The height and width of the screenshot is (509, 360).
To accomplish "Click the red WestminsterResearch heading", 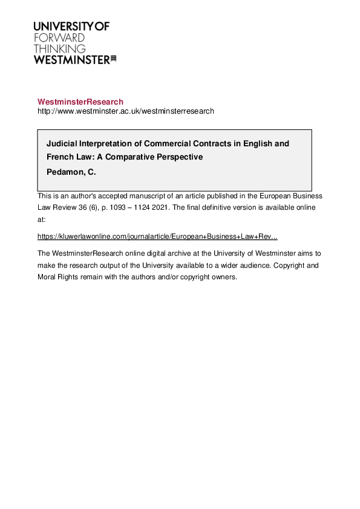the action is tap(80, 102).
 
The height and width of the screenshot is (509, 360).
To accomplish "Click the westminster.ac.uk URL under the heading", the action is tap(126, 111).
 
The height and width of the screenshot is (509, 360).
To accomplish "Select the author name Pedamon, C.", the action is tap(71, 172).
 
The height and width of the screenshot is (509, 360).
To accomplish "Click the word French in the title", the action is tap(61, 157).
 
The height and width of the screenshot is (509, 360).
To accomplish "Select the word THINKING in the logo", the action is tap(59, 48).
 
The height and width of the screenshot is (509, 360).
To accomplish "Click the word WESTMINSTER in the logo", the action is tap(71, 59).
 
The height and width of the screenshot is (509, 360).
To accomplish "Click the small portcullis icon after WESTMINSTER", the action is tap(113, 59).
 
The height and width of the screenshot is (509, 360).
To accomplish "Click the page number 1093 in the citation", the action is tap(116, 207).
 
